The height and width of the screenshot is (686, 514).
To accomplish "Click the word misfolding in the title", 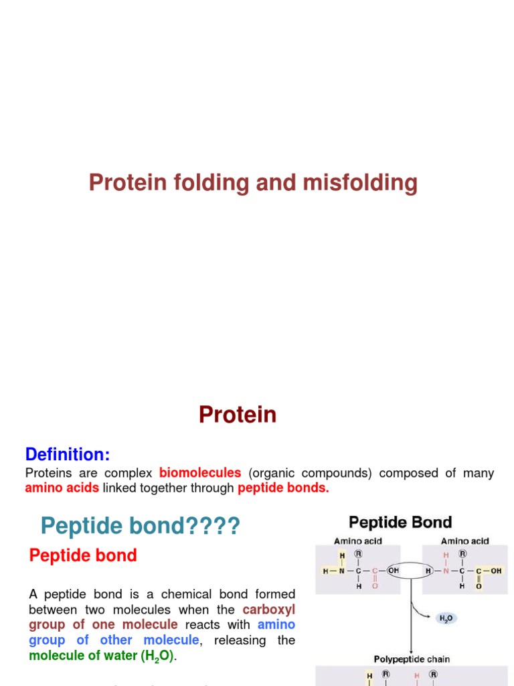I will pos(365,183).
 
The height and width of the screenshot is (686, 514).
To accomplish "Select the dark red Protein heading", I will pos(238,415).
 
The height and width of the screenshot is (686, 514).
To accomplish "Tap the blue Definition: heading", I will pos(68,455).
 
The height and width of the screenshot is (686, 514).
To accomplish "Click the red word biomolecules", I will pos(200,474).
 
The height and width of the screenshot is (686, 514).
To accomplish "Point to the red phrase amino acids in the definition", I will pos(62,488).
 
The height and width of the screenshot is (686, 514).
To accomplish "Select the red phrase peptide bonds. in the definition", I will pos(284,488).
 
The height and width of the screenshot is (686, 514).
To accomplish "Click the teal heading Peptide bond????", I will pos(140,527).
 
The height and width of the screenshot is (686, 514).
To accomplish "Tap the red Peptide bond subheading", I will pos(83,555).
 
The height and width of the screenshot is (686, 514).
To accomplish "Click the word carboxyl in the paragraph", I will pos(268,610).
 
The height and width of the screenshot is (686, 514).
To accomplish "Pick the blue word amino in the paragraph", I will pos(276,624).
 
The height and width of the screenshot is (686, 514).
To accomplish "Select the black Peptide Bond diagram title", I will pos(400,523).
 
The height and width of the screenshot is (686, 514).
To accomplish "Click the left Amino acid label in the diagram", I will pos(358,541).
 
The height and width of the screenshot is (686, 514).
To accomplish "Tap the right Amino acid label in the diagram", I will pos(464,541).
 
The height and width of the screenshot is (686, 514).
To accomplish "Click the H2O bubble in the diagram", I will pos(445,618).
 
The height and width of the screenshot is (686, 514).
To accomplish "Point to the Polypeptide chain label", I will pos(412,659).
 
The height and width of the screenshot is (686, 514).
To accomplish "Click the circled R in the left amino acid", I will pos(359,555).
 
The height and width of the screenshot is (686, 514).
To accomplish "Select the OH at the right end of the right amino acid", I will pos(496,571).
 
